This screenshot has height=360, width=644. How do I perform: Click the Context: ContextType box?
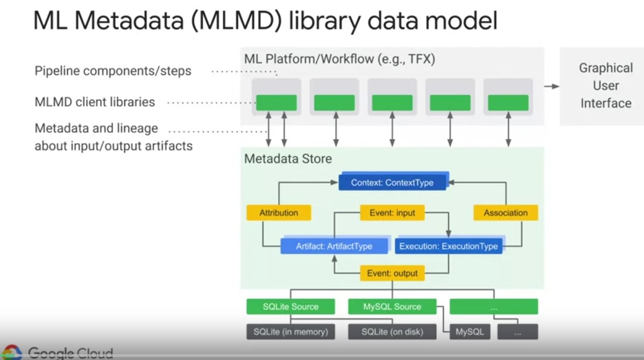click(392, 182)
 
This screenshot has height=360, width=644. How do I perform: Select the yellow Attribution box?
click(279, 213)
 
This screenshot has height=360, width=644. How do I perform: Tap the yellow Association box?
click(505, 213)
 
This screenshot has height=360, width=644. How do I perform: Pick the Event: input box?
click(392, 213)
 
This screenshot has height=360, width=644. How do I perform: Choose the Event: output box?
click(392, 273)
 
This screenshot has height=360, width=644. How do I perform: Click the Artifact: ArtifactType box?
click(334, 246)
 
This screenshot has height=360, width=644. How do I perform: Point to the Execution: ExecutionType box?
click(448, 246)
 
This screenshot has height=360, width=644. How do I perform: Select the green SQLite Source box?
click(291, 307)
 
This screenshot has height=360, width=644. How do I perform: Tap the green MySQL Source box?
click(392, 307)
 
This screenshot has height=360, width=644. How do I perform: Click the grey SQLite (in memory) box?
click(291, 331)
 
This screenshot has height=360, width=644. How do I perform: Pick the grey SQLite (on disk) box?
click(392, 331)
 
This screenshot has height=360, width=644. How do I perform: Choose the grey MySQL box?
click(470, 331)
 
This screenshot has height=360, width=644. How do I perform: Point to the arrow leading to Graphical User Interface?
click(551, 86)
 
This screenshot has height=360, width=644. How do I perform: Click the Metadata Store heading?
click(288, 159)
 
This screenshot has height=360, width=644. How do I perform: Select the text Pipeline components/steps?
click(113, 71)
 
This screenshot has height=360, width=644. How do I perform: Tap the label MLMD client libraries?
click(95, 102)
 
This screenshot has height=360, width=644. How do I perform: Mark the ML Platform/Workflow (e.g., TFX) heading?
click(339, 59)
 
